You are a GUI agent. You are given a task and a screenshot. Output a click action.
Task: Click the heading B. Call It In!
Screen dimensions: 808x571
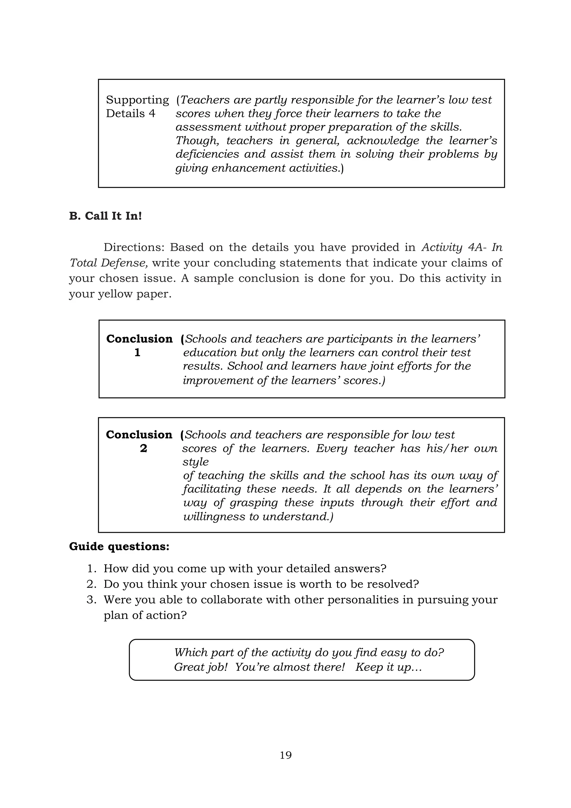105,216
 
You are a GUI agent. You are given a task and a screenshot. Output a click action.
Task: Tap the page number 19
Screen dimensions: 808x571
285,755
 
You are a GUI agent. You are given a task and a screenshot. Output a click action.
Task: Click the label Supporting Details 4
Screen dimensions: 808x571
137,106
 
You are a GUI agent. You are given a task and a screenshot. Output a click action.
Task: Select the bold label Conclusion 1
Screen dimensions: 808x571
139,345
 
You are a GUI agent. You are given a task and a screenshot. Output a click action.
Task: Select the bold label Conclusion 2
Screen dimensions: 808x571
139,441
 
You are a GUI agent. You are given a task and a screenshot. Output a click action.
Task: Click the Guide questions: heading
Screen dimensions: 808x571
119,546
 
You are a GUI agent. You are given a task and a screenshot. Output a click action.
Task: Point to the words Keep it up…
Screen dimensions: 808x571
388,667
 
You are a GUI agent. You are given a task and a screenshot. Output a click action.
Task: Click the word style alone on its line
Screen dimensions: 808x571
195,462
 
